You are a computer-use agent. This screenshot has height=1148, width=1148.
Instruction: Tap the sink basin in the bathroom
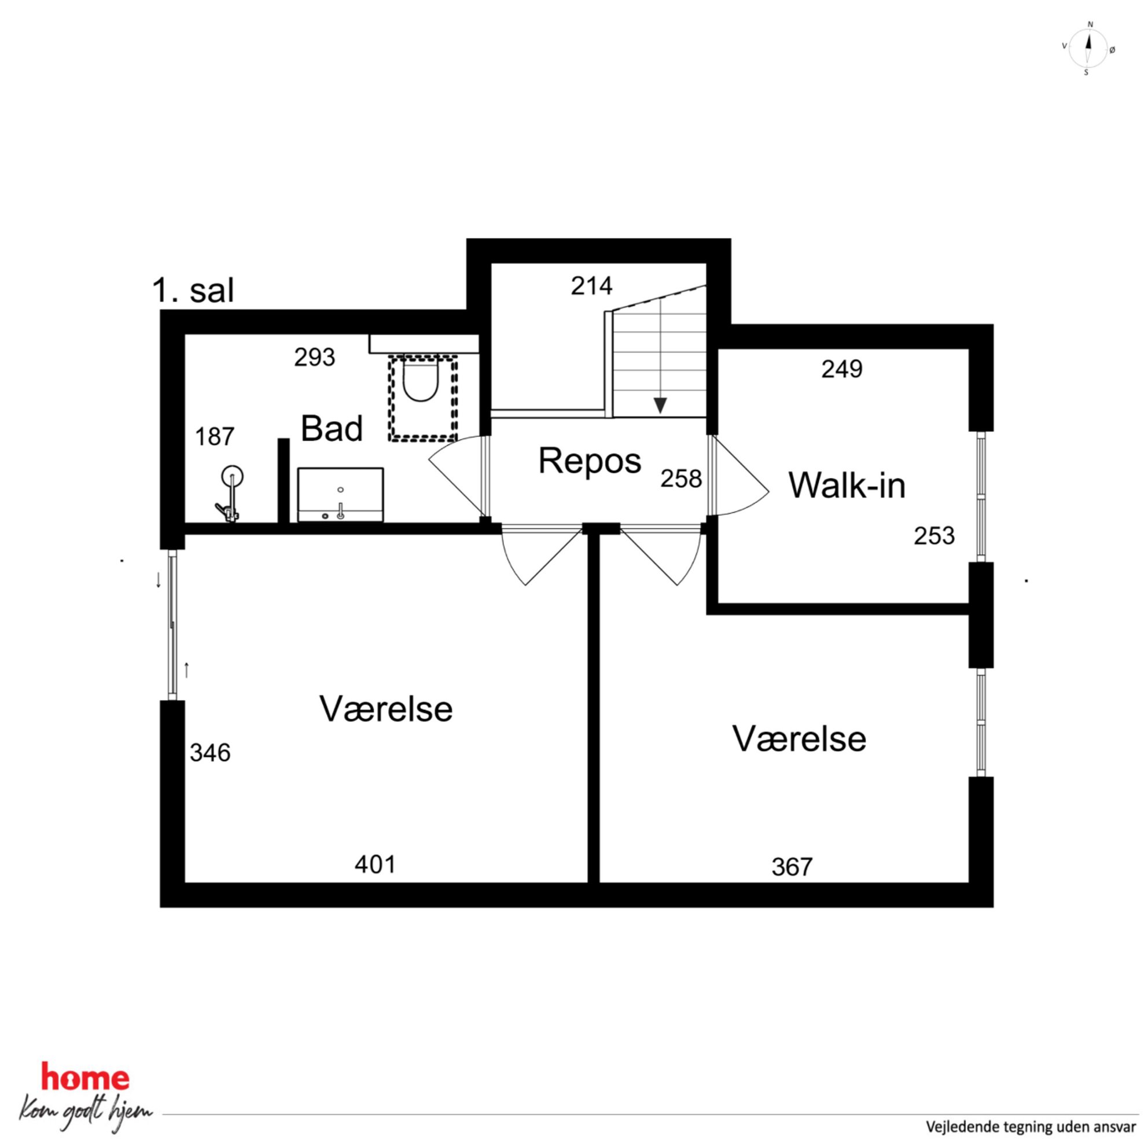pyautogui.click(x=340, y=494)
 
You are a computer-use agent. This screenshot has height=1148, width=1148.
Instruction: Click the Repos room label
pyautogui.click(x=590, y=461)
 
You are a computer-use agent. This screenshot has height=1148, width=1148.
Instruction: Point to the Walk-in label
pyautogui.click(x=847, y=485)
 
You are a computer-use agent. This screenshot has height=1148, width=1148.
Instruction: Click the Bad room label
pyautogui.click(x=332, y=428)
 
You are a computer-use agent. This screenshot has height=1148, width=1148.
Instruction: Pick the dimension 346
pyautogui.click(x=211, y=753)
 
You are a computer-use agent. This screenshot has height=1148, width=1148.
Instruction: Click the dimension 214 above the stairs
pyautogui.click(x=592, y=286)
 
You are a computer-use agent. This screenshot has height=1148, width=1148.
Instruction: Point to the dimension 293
pyautogui.click(x=315, y=357)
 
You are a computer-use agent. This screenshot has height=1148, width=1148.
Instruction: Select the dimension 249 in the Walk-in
pyautogui.click(x=842, y=369)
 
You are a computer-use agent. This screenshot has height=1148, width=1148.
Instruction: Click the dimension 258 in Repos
pyautogui.click(x=681, y=479)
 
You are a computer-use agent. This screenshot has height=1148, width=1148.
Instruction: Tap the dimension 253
pyautogui.click(x=934, y=535)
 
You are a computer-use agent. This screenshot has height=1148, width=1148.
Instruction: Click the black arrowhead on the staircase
pyautogui.click(x=660, y=406)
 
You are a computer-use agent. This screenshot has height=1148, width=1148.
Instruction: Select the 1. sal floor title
pyautogui.click(x=193, y=290)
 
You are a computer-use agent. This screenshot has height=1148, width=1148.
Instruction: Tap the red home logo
pyautogui.click(x=85, y=1077)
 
